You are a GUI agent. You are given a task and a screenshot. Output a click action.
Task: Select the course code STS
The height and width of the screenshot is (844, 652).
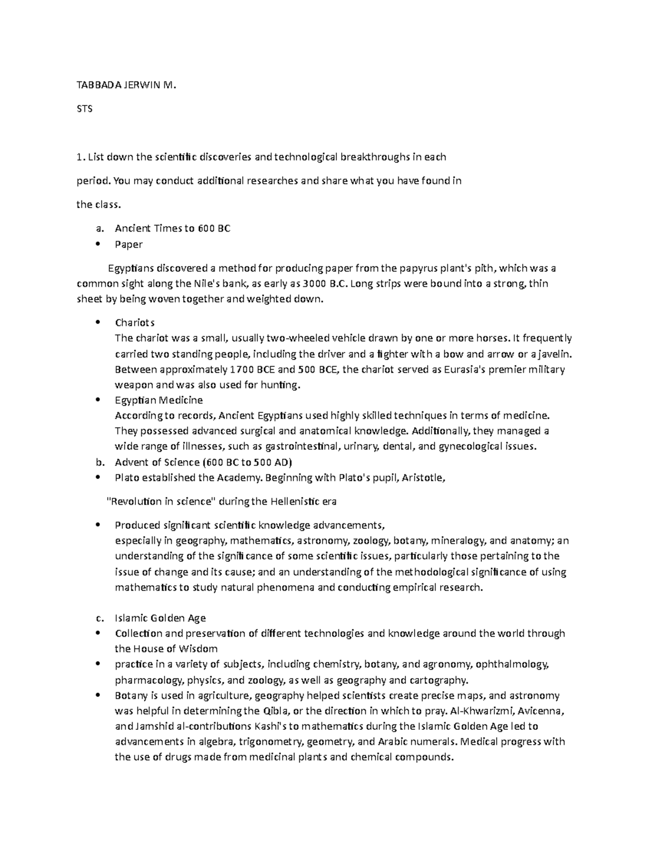click(x=85, y=109)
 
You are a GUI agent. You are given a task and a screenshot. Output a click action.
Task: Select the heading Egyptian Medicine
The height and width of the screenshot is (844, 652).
click(x=159, y=400)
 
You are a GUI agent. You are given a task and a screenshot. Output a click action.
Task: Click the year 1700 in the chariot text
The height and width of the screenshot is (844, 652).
click(x=242, y=370)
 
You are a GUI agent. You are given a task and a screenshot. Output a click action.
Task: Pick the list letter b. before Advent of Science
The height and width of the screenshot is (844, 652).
click(x=99, y=462)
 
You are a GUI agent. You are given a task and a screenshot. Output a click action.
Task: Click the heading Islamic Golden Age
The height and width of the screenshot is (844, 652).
click(x=160, y=618)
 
